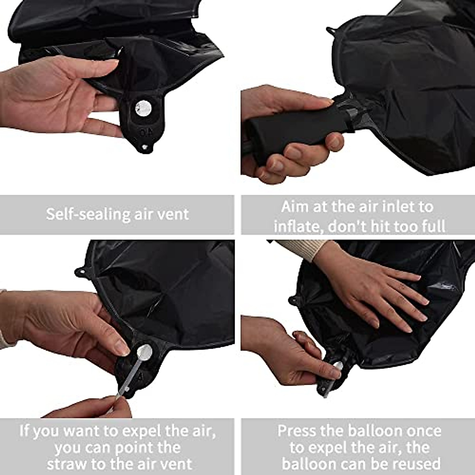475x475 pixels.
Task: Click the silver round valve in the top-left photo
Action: point(142,107)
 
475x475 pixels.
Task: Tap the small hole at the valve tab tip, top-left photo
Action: point(145,147)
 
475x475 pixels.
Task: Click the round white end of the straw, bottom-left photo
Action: point(144,351)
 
